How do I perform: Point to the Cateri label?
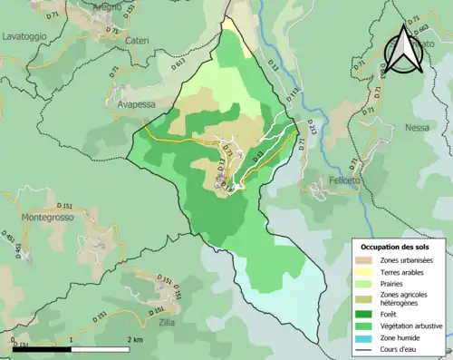pyautogui.click(x=139, y=41)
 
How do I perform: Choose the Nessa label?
pyautogui.click(x=417, y=128)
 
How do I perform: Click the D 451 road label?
pyautogui.click(x=11, y=239)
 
